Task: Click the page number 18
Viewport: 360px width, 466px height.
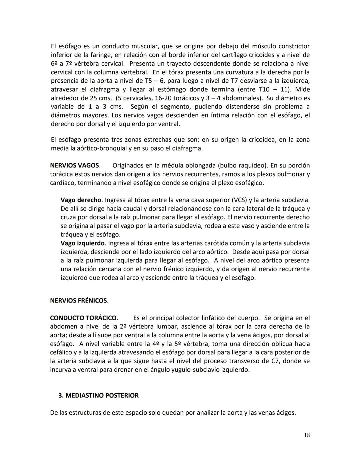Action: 307,435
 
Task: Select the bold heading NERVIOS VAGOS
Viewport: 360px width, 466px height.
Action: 75,165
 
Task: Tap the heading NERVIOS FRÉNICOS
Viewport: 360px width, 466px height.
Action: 79,301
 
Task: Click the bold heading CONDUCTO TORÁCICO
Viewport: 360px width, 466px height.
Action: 84,318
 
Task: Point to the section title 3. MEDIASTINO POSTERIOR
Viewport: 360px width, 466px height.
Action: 98,395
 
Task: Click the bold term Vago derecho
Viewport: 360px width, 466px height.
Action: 81,200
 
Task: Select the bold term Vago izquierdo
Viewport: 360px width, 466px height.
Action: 83,243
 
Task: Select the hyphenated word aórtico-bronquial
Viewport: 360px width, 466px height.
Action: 102,148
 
